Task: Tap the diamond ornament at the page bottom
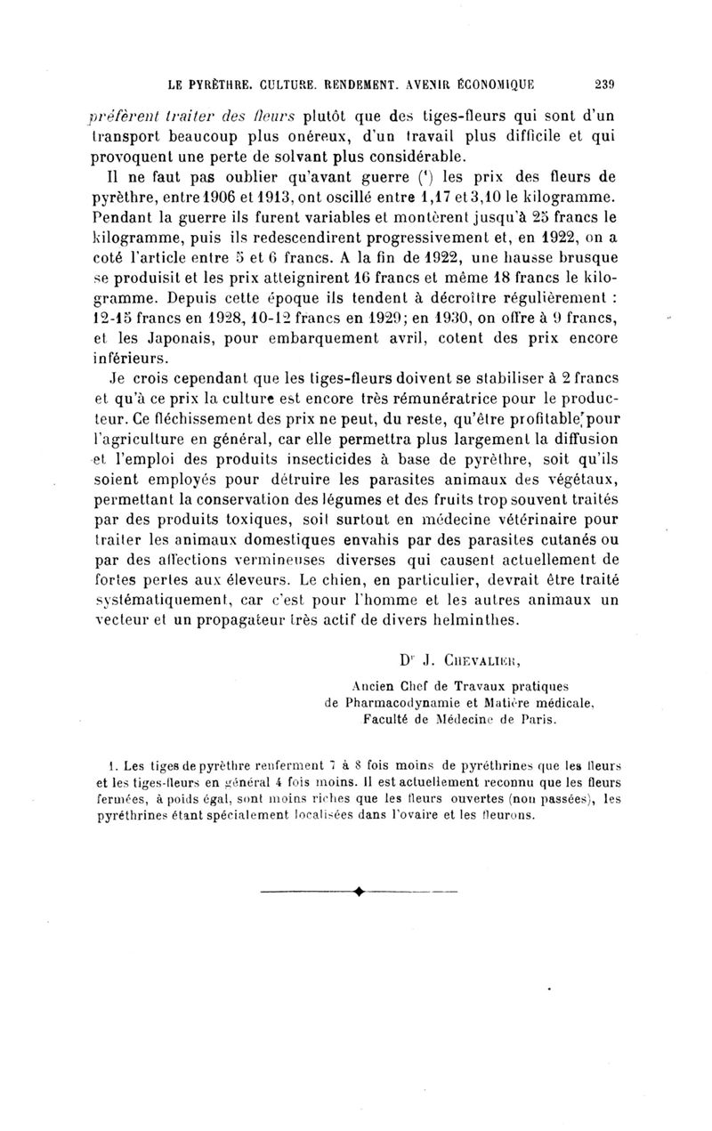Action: [360, 916]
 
